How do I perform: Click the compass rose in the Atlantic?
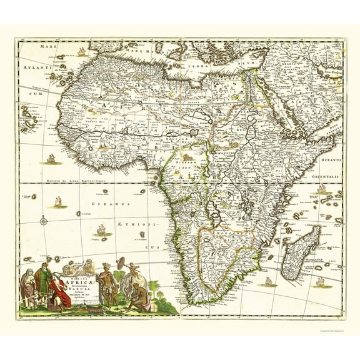43,220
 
